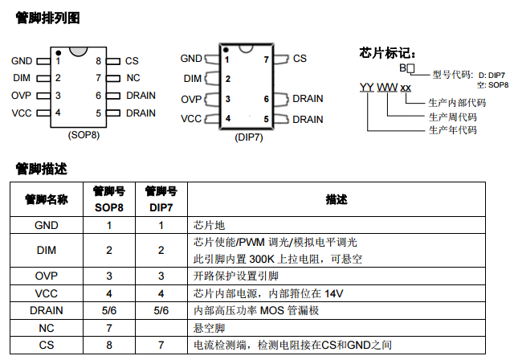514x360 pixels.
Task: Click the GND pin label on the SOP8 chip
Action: (22, 60)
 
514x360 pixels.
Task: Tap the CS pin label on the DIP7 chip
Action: (300, 59)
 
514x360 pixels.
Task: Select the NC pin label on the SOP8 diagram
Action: (133, 78)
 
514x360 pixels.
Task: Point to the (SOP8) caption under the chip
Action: (84, 134)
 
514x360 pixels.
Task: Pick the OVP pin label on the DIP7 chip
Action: (190, 99)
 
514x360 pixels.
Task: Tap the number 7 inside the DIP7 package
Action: (266, 59)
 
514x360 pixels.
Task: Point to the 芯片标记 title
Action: (386, 53)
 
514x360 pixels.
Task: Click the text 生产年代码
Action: (453, 129)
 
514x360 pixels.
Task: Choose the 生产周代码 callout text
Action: (453, 117)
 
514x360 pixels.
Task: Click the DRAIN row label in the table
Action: (47, 310)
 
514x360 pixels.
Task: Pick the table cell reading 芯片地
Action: (207, 225)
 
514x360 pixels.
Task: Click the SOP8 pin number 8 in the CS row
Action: (109, 346)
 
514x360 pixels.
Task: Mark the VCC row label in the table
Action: (47, 292)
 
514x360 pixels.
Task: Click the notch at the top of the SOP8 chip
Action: (78, 51)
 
